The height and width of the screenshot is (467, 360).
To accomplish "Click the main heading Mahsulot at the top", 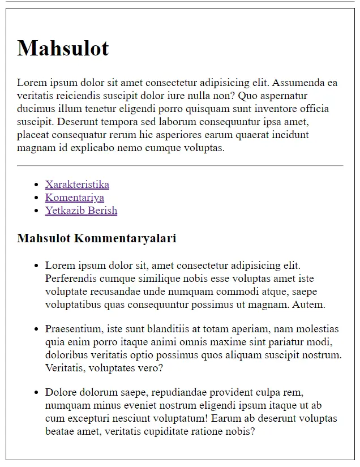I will (63, 49).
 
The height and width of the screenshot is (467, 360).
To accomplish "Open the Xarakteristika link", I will (77, 185).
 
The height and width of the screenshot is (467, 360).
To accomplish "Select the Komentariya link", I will (74, 198).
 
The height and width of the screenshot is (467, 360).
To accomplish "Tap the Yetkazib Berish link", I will (81, 211).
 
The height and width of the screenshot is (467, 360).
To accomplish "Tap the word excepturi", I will (87, 418).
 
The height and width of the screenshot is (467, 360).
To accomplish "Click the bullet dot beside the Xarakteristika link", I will (37, 185).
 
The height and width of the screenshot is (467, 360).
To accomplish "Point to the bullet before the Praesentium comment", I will (37, 329).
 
